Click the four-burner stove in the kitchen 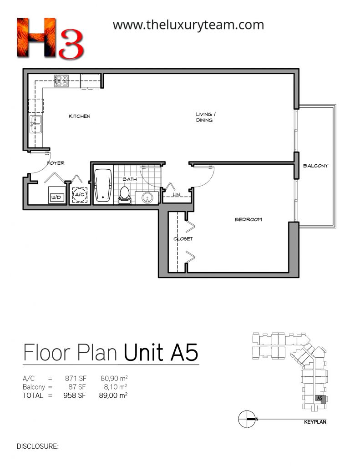[61, 81]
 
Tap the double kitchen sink [35, 125]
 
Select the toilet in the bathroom [124, 195]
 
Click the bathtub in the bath [103, 186]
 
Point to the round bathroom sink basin [147, 198]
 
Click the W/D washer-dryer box [56, 195]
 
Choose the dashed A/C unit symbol [80, 195]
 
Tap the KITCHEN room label [79, 116]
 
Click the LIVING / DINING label [206, 117]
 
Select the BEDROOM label [248, 220]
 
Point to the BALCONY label [315, 166]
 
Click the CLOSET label [183, 238]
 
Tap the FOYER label [56, 163]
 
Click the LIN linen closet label [176, 194]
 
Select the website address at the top [188, 25]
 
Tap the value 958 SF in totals [75, 395]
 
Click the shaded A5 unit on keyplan [320, 399]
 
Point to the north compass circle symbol [247, 419]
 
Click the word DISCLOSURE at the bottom [37, 446]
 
